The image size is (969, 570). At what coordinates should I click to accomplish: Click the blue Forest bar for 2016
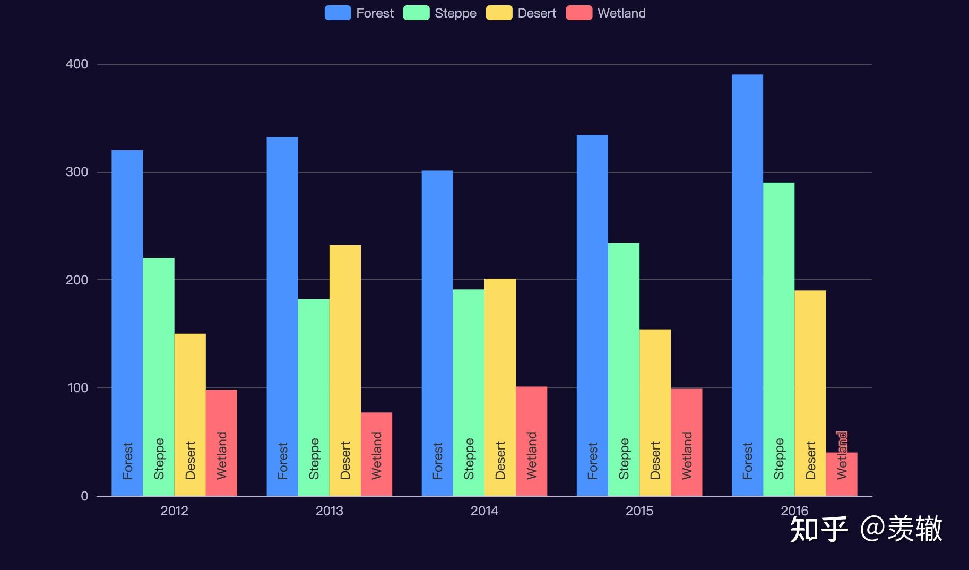click(x=747, y=286)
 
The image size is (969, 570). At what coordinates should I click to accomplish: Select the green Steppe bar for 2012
click(x=159, y=377)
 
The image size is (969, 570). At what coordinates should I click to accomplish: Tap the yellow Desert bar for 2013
click(x=345, y=370)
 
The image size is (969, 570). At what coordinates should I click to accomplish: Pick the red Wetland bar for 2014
click(x=531, y=442)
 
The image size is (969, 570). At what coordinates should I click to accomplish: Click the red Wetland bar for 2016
click(x=842, y=474)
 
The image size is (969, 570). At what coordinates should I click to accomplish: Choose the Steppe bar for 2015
click(x=624, y=369)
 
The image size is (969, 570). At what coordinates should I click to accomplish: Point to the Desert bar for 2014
click(x=500, y=387)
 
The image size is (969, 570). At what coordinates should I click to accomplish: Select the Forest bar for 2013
click(x=282, y=317)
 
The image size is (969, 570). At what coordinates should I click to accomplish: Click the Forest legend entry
click(x=359, y=13)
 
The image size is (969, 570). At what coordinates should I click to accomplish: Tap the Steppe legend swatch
click(x=417, y=13)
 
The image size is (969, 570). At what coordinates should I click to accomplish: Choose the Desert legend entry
click(x=521, y=13)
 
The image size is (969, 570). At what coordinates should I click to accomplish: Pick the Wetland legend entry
click(x=606, y=13)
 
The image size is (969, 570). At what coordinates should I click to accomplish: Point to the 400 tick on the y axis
click(x=77, y=64)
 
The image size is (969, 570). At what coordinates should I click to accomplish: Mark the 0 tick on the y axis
click(x=84, y=496)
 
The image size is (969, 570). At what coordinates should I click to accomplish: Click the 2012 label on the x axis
click(x=174, y=511)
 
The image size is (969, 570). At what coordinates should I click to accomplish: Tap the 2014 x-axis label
click(x=484, y=511)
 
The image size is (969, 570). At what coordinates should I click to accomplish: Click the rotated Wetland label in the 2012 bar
click(x=222, y=455)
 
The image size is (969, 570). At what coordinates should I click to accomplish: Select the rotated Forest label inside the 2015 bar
click(x=592, y=461)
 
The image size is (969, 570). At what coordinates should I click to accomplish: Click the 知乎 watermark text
click(x=819, y=529)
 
